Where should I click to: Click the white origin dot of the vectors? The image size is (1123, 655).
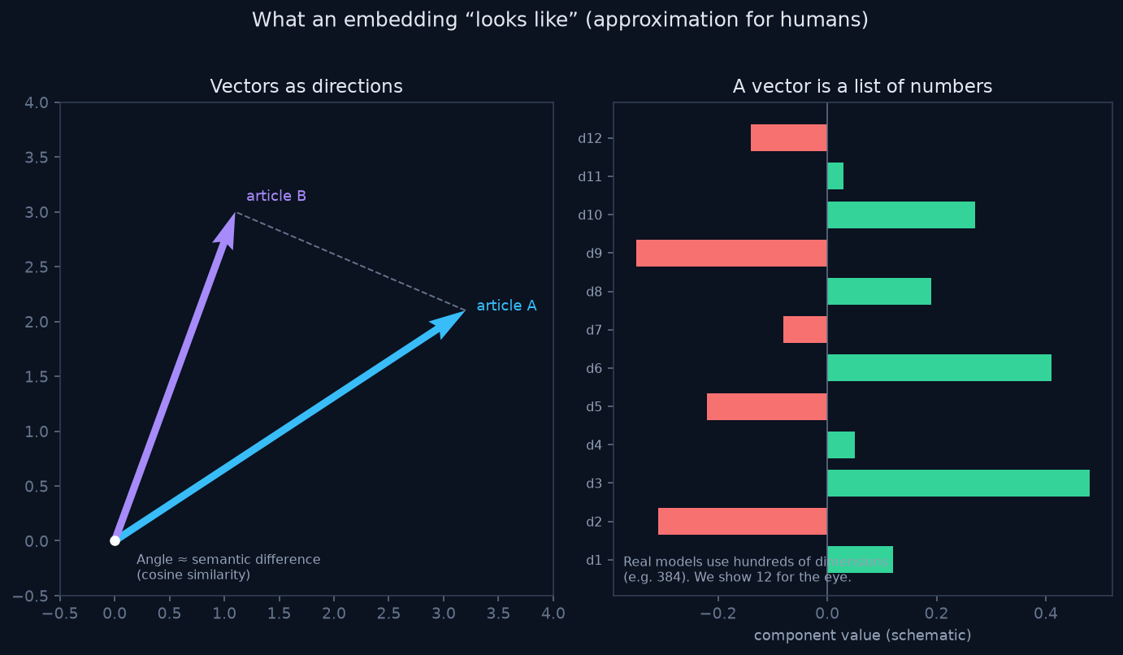(115, 540)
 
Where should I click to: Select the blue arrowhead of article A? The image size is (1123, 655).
(448, 323)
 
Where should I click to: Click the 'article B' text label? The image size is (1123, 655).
(276, 196)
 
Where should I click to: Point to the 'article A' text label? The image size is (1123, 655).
(506, 306)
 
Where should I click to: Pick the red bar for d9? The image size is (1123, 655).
(731, 254)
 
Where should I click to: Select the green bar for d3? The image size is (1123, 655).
(959, 483)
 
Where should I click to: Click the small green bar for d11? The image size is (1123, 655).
(835, 176)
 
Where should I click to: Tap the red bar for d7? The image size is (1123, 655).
(805, 329)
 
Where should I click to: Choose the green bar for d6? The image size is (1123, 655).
(939, 367)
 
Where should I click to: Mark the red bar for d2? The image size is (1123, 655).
(743, 521)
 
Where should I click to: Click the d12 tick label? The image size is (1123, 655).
(590, 138)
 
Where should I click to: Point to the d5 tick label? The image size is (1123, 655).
(593, 406)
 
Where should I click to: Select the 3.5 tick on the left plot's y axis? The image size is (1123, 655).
(36, 158)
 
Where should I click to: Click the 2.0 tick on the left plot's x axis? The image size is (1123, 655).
(334, 614)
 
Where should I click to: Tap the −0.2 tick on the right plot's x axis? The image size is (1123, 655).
(718, 614)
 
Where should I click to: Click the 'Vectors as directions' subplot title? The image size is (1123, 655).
(306, 86)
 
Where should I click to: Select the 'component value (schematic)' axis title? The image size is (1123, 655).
(862, 635)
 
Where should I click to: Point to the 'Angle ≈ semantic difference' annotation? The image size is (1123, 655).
(228, 559)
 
